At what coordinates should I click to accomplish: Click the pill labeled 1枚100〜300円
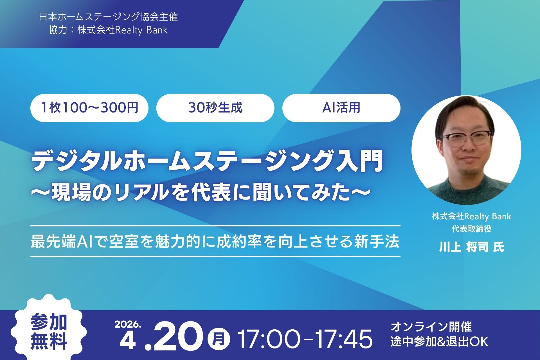[x=89, y=108]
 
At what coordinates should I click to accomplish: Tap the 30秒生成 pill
[x=215, y=108]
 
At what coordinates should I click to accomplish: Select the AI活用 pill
[x=341, y=108]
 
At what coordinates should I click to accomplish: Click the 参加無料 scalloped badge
[x=48, y=332]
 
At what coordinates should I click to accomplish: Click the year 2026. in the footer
[x=127, y=324]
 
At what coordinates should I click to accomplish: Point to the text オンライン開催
[x=431, y=327]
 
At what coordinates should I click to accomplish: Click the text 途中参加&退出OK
[x=439, y=341]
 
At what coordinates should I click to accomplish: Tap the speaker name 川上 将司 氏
[x=471, y=247]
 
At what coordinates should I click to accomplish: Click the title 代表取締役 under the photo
[x=471, y=229]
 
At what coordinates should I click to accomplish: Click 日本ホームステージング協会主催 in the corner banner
[x=109, y=17]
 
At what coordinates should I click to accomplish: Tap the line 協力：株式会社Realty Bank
[x=108, y=30]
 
